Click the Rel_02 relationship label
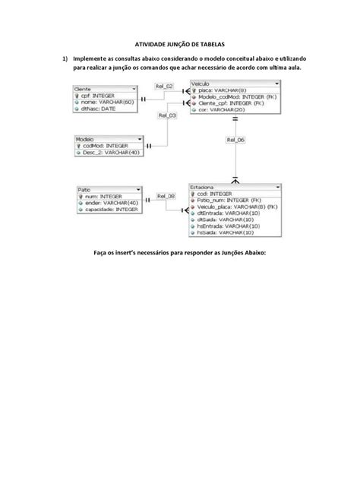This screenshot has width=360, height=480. click(164, 86)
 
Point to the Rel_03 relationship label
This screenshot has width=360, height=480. click(167, 115)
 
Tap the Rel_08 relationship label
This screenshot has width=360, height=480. click(166, 196)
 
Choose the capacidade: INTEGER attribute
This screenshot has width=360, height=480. click(111, 209)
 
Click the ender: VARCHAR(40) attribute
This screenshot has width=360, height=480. click(111, 202)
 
